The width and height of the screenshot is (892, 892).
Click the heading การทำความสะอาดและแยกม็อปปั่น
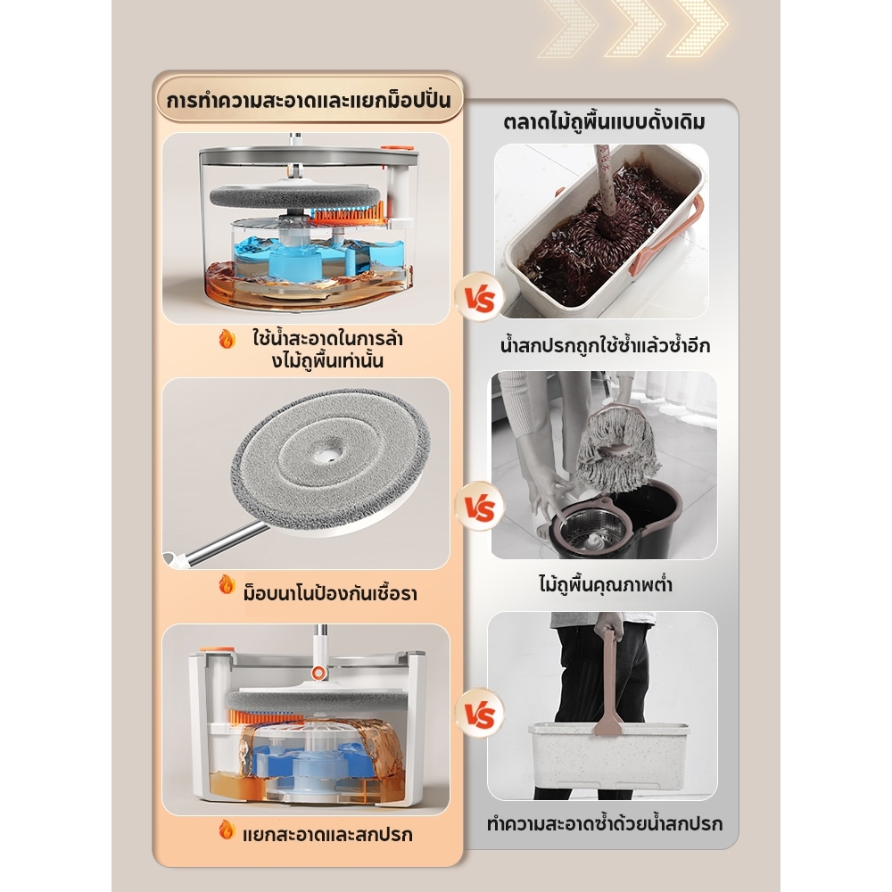tap(309, 100)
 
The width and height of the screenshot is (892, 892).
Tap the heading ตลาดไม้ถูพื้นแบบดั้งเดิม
tap(604, 121)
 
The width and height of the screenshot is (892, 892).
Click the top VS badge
tap(480, 298)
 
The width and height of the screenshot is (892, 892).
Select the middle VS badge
tap(480, 507)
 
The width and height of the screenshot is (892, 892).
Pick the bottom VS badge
tap(480, 714)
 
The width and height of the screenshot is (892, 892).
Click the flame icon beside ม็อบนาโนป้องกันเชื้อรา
tap(227, 584)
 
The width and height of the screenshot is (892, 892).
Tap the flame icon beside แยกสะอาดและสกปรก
tap(227, 830)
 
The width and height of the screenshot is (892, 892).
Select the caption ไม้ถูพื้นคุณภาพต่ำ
tap(606, 584)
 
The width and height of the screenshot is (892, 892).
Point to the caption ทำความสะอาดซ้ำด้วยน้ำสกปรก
tap(605, 823)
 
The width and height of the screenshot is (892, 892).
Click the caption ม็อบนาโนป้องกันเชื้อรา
tap(330, 594)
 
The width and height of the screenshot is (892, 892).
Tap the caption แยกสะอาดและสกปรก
tap(327, 835)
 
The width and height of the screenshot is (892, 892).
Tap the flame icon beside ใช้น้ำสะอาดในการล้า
tap(227, 340)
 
